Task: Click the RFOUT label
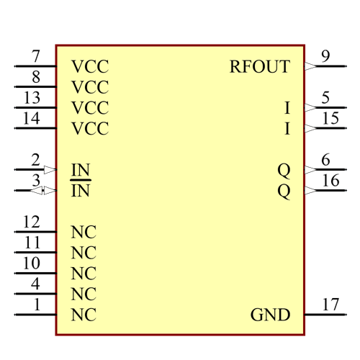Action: point(259,67)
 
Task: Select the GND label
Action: point(270,315)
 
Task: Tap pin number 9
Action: point(325,56)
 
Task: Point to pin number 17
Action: point(330,305)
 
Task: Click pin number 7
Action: point(36,56)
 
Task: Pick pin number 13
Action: point(32,98)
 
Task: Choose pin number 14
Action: point(32,118)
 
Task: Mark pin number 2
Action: point(36,160)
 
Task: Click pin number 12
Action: point(32,222)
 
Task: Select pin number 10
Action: point(32,264)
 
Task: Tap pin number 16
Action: point(330,180)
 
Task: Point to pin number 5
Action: point(325,98)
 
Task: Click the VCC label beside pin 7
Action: point(90,67)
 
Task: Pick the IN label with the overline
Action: point(81,191)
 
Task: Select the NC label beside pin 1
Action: point(84,315)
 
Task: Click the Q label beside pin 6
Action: point(284,170)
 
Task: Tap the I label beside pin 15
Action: point(287,129)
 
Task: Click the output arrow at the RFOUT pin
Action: point(310,66)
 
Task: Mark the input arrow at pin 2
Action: point(50,170)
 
